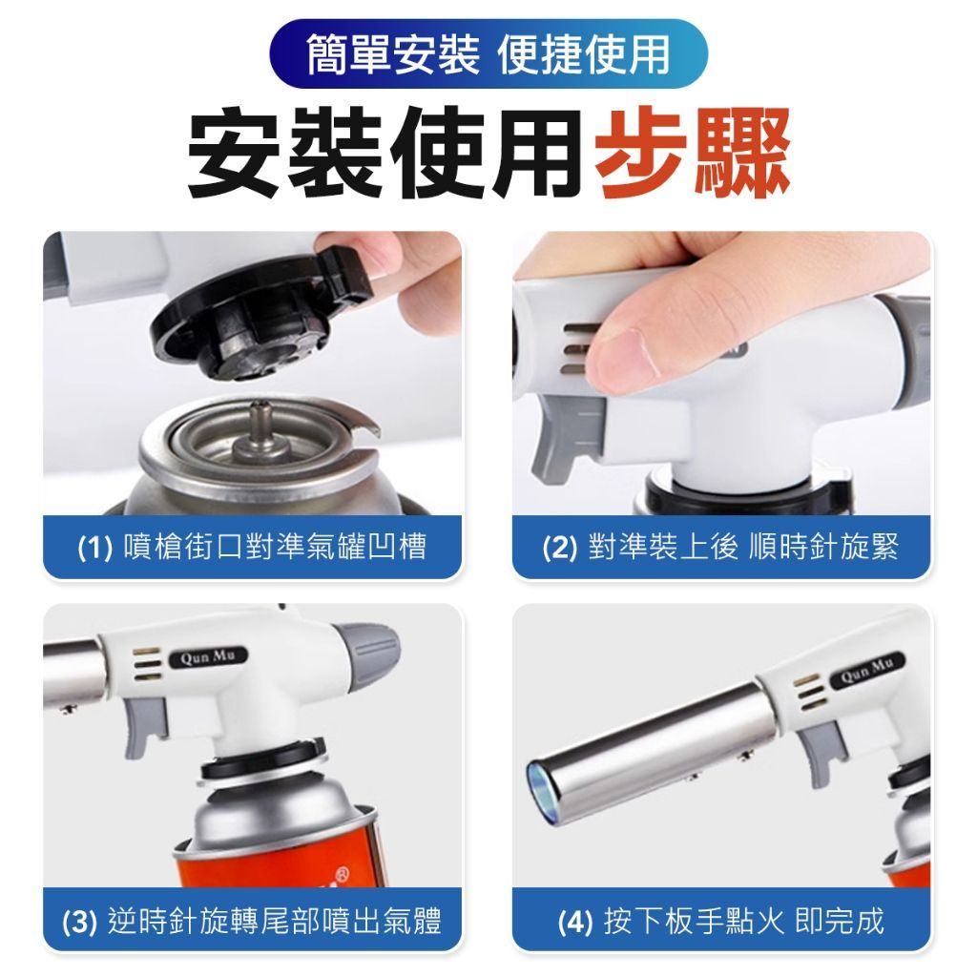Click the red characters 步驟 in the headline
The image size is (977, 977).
[693, 152]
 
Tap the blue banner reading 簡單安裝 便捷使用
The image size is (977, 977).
[488, 54]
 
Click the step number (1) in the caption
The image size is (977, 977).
[94, 548]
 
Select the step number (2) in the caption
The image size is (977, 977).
[559, 548]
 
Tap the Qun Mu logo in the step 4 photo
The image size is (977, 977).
[866, 670]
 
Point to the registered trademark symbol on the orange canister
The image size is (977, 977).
[343, 872]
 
